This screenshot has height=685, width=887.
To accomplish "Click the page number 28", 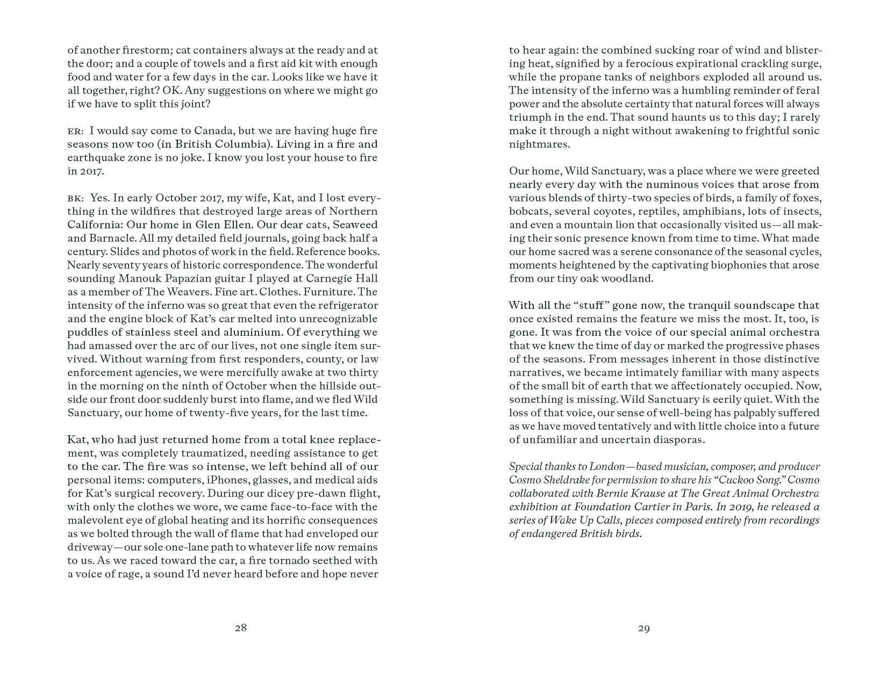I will click(240, 628).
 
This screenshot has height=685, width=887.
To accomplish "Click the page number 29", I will click(643, 628).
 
